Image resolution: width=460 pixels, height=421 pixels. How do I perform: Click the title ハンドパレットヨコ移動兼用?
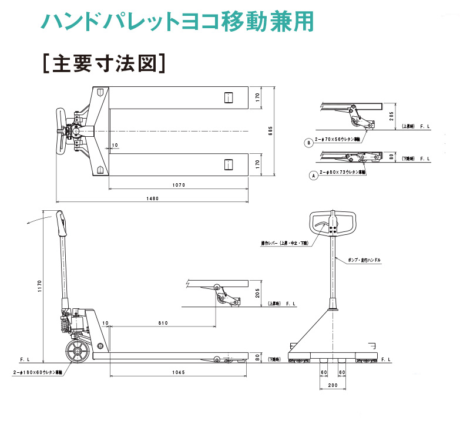(177, 21)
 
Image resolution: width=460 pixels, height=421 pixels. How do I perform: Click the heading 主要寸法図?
(103, 63)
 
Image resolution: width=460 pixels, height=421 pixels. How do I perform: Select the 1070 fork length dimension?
(179, 185)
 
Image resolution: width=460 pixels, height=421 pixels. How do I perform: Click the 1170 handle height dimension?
(39, 286)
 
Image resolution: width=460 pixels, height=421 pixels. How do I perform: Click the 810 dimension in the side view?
(163, 323)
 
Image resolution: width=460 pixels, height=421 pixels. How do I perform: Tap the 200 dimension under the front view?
(332, 385)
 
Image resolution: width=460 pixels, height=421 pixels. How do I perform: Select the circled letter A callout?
(313, 175)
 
